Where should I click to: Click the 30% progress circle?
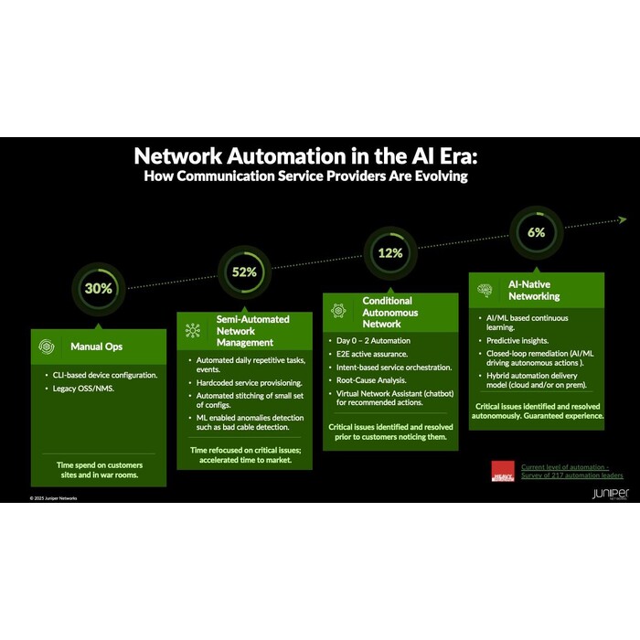point(99,288)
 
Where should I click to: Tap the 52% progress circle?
point(244,272)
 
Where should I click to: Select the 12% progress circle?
point(390,252)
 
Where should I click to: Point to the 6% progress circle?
point(536,232)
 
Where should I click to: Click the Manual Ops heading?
point(97,347)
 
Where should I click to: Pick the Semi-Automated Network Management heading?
point(252,330)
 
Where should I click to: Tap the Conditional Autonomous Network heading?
point(387,312)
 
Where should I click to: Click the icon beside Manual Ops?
point(47,347)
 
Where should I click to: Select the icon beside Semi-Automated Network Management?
point(192,330)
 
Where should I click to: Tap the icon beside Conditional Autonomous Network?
point(338,311)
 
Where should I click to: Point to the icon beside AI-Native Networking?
point(485,290)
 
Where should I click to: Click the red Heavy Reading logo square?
point(503,471)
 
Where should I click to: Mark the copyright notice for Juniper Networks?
point(53,498)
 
